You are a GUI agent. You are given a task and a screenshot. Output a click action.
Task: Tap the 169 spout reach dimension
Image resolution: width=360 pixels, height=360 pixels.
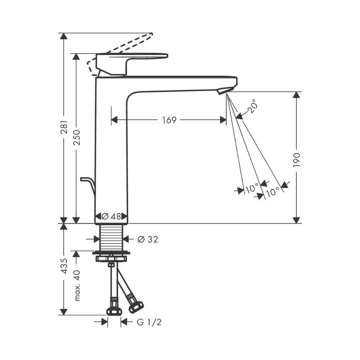coord(169,120)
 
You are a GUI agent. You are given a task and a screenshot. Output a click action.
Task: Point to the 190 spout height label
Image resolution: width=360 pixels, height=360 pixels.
coord(297,159)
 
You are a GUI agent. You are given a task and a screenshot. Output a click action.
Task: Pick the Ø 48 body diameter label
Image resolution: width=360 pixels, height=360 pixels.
coord(111,216)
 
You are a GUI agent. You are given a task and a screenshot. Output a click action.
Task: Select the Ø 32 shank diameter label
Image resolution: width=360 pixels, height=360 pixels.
coord(148,239)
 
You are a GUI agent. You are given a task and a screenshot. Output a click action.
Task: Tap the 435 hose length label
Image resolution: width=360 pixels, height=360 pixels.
coord(64,266)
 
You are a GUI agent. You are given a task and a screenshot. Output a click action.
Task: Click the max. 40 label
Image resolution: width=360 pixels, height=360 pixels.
coord(77,285)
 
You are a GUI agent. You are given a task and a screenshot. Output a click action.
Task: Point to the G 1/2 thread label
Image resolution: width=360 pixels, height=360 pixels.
coord(149,322)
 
